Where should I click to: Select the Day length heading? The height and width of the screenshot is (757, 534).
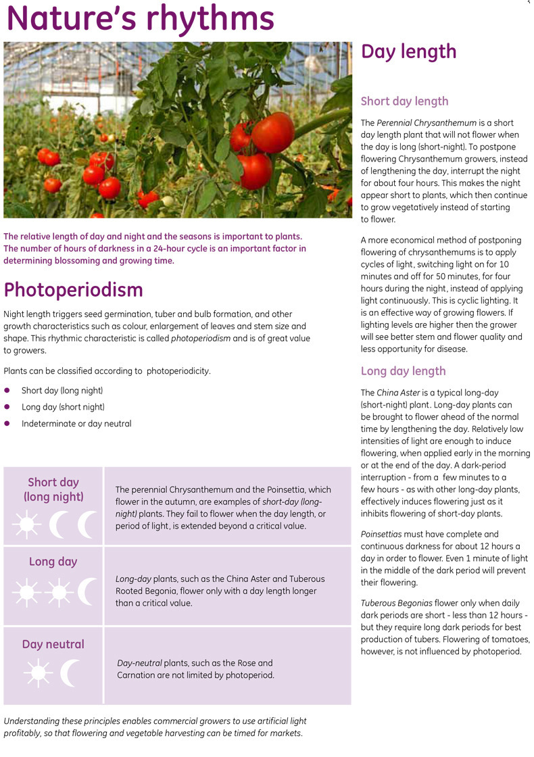point(408,52)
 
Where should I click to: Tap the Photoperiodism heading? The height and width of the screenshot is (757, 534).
point(73,290)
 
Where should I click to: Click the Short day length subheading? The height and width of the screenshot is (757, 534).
point(404,101)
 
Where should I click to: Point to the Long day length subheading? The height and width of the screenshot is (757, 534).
point(403,371)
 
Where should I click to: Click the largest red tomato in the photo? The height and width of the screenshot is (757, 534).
point(272,132)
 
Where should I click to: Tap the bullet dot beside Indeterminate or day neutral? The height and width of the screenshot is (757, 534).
point(7,424)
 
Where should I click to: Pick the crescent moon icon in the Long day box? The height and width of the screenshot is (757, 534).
point(88,592)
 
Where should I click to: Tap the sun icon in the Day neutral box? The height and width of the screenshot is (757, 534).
point(37,673)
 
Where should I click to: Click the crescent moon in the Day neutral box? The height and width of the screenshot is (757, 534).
point(70,673)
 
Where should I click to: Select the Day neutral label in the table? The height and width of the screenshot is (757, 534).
point(53,644)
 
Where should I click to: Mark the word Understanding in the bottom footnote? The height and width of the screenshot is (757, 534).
point(30,721)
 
